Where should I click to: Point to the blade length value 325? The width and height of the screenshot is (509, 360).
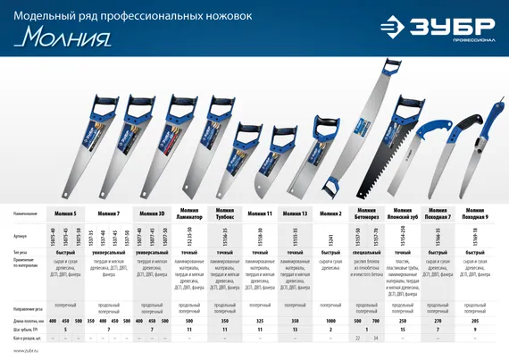[x=258, y=320]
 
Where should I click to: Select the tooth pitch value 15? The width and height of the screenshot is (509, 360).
[x=402, y=330]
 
